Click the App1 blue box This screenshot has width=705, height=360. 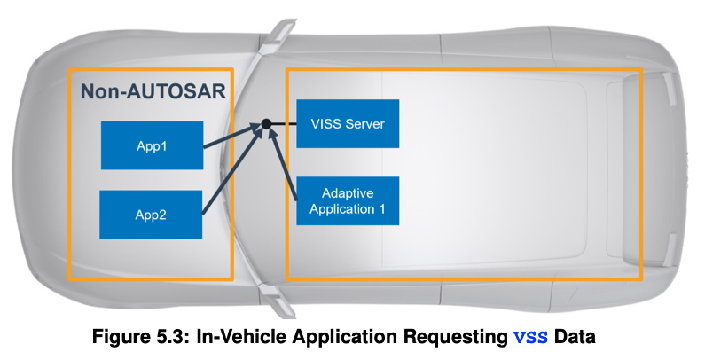tap(152, 146)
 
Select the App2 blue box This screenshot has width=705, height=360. tap(152, 214)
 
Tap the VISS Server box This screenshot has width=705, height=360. tap(348, 123)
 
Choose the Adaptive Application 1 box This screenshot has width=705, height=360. tap(348, 200)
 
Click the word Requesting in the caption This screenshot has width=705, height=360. tap(459, 337)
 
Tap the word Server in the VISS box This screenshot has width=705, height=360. tap(364, 123)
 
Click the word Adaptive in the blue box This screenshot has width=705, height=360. tap(348, 192)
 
